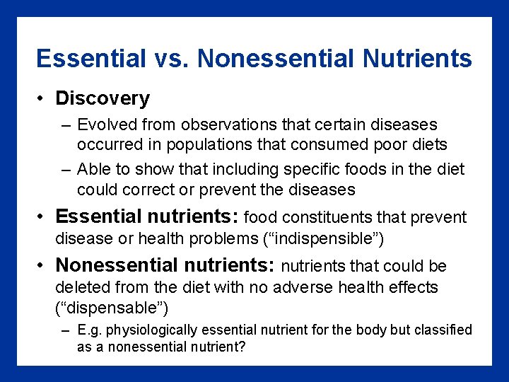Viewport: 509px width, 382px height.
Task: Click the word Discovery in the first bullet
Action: pos(103,98)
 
